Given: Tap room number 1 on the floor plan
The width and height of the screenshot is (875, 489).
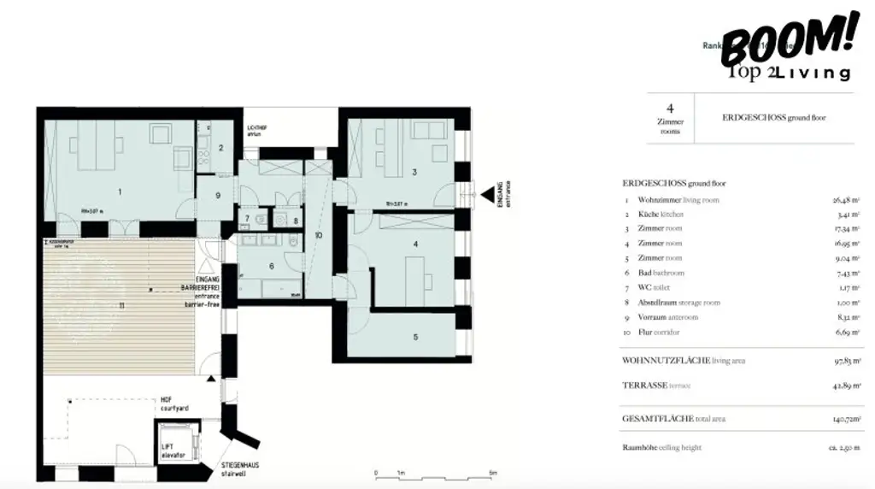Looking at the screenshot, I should [x=120, y=191].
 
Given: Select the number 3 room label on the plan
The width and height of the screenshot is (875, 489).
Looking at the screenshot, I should [x=414, y=173].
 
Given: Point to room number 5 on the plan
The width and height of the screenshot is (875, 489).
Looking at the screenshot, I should [x=415, y=337].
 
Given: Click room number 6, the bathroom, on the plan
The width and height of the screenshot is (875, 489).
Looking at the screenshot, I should [x=272, y=266].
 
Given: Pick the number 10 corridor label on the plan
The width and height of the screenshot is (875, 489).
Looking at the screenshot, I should [x=318, y=234].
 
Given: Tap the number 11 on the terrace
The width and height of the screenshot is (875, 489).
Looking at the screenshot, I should [x=122, y=305].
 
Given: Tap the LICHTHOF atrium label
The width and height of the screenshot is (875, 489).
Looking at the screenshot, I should [x=257, y=131].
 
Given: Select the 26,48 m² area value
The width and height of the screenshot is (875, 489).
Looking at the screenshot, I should [x=847, y=200].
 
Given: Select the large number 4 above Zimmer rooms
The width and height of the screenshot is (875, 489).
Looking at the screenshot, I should [x=670, y=109].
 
